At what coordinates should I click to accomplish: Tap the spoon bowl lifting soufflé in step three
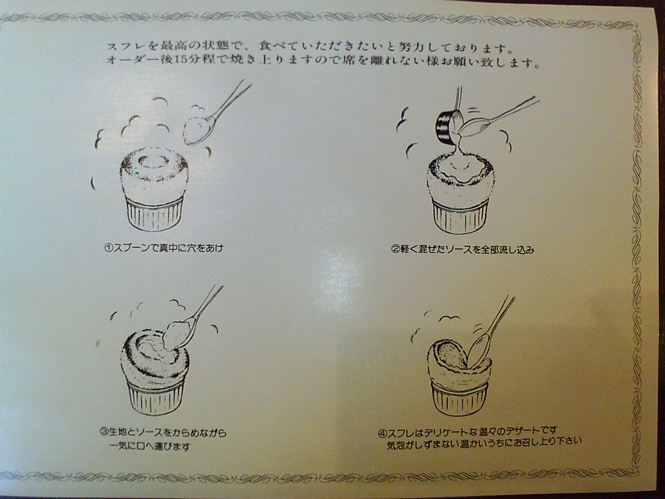click(176, 335)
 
